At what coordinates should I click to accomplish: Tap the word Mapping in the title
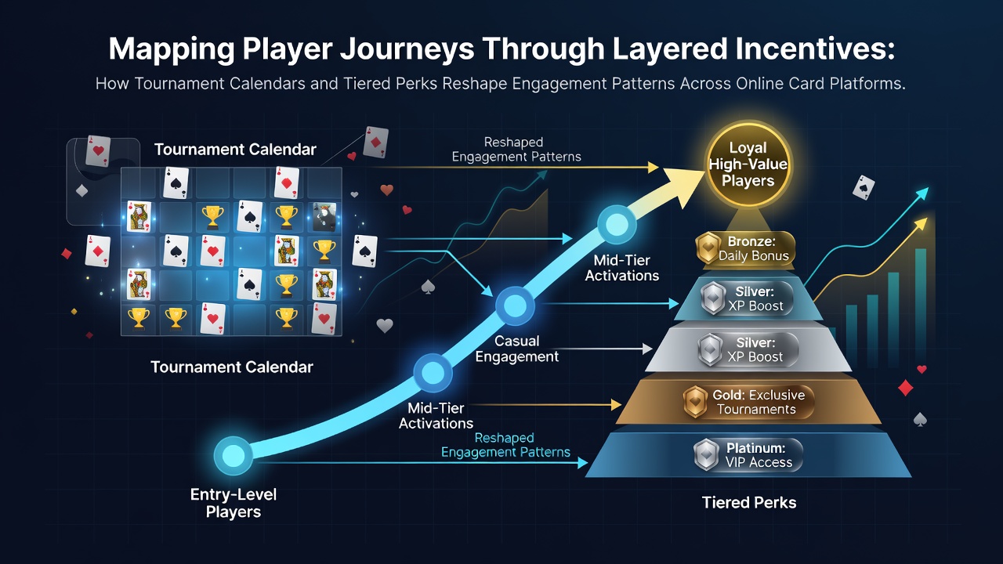click(172, 50)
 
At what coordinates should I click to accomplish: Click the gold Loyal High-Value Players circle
click(748, 164)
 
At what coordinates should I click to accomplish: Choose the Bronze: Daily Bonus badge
click(745, 248)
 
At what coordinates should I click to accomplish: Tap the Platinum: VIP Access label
click(748, 455)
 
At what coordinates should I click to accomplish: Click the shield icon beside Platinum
click(707, 455)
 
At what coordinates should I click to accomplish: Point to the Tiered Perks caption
click(749, 502)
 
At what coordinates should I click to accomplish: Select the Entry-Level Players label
click(234, 503)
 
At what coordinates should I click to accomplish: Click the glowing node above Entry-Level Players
click(234, 456)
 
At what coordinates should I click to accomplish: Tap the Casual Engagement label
click(516, 349)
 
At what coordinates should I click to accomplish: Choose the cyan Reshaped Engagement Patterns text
click(505, 445)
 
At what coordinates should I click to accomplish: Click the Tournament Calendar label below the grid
click(231, 367)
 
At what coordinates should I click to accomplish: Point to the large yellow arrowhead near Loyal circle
click(684, 185)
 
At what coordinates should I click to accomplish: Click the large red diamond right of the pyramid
click(905, 388)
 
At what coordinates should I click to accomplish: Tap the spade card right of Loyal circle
click(864, 187)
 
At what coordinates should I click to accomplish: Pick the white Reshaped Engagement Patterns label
click(516, 150)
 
